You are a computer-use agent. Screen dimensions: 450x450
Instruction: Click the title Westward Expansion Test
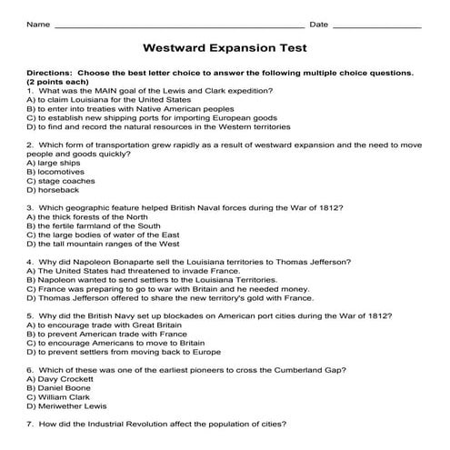[x=225, y=47]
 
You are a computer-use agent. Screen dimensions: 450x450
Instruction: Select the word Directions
[x=50, y=72]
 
